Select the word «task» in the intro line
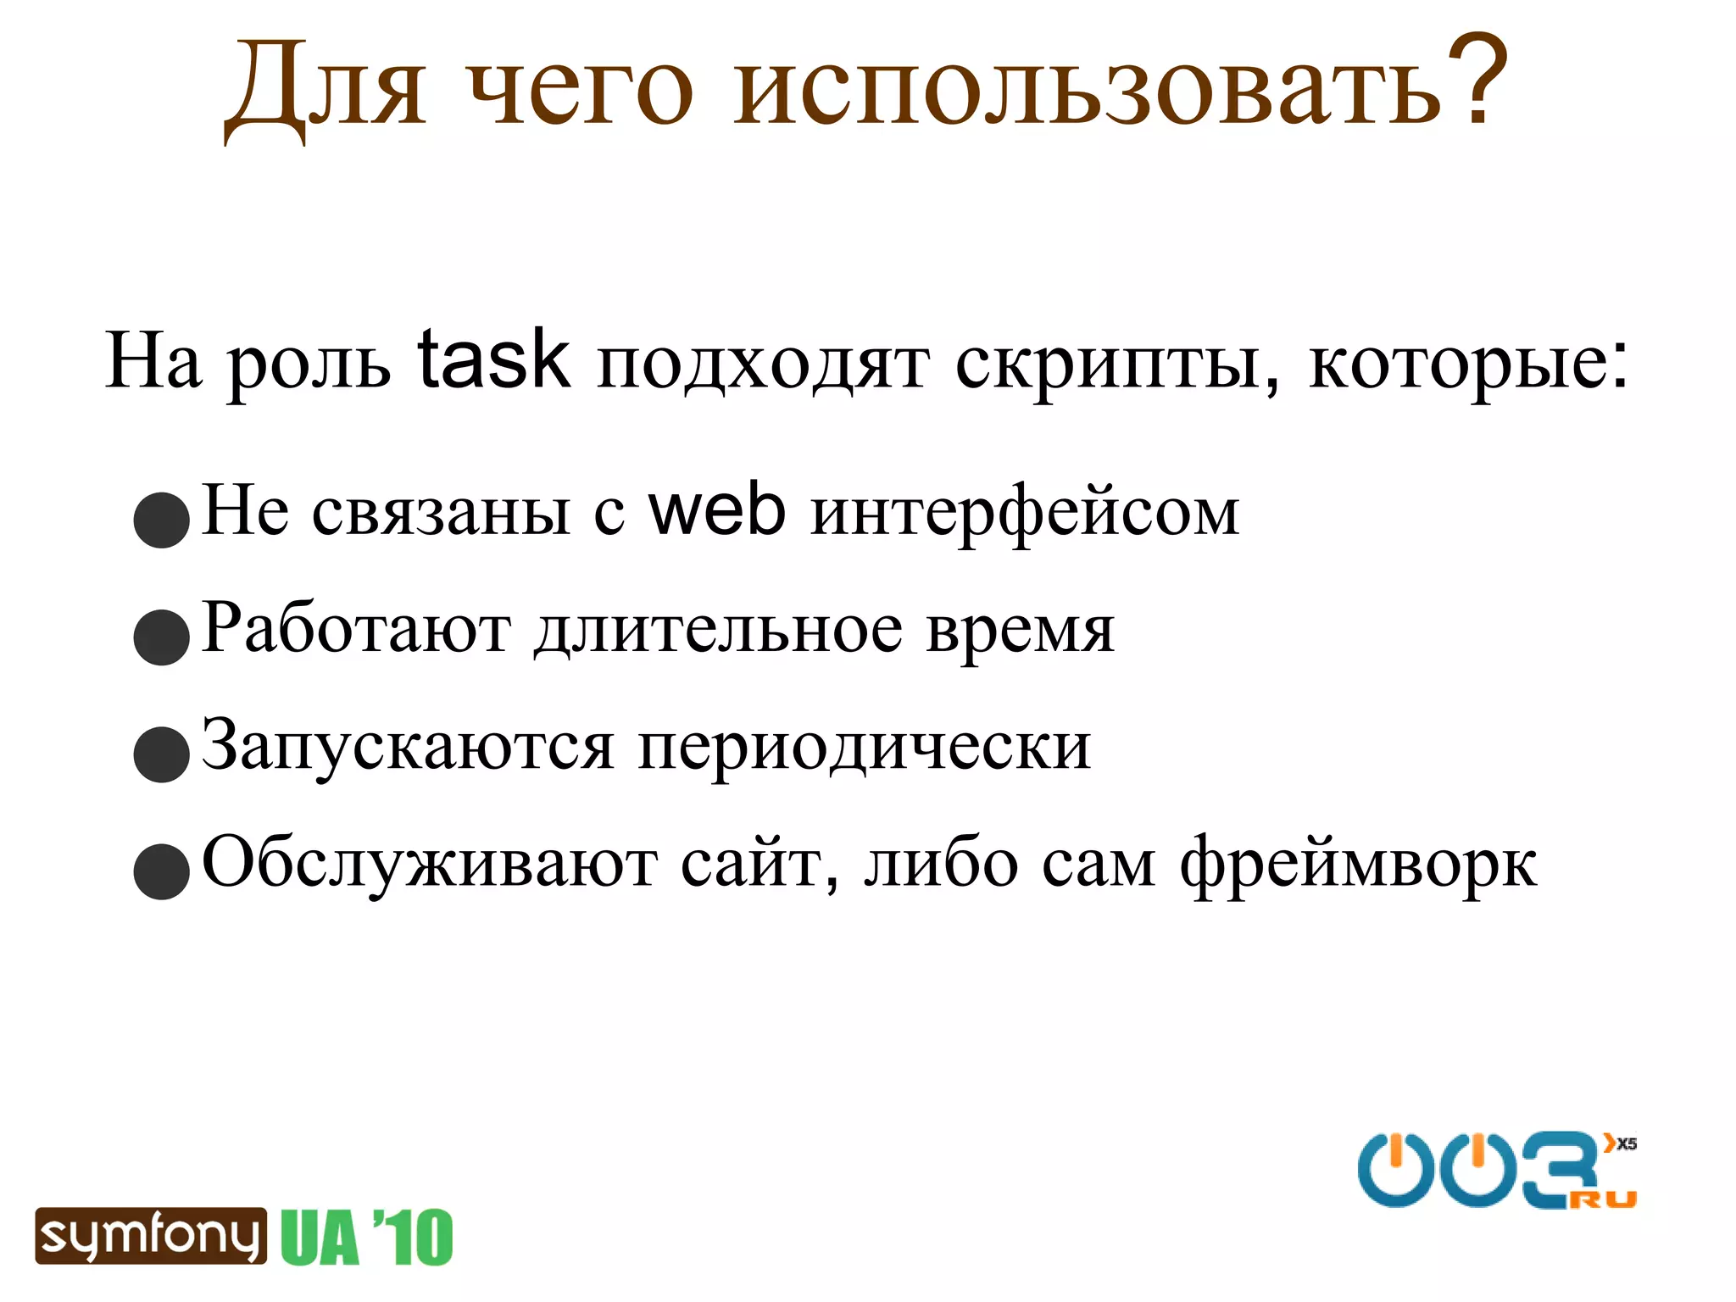493,360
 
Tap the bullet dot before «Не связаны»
161,520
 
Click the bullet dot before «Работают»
161,637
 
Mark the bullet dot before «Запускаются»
161,754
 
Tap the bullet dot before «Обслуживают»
161,871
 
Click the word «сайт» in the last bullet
759,865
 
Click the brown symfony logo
151,1236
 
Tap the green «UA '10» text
367,1238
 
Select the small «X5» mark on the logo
1626,1144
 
